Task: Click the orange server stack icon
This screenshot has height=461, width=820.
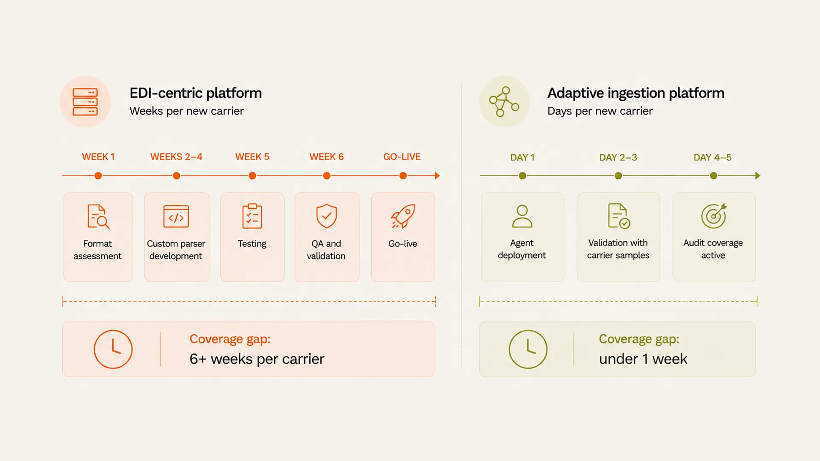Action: coord(85,102)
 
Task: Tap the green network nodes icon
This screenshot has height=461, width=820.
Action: coord(504,102)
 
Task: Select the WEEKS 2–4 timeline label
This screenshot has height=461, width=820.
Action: coord(176,157)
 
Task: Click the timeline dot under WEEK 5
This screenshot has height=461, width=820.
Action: coord(252,176)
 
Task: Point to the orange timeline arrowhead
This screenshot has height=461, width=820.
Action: coord(437,176)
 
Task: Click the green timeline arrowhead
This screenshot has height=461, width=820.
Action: coord(758,176)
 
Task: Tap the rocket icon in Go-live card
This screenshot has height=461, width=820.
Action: coord(403,216)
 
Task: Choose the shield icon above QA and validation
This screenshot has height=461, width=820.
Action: coord(327,216)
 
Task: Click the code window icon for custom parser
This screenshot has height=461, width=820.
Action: coord(176,216)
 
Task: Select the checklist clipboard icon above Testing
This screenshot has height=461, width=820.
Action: coord(252,216)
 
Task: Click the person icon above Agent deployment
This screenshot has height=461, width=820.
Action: coord(522,216)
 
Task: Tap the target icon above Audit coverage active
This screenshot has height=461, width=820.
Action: coord(714,216)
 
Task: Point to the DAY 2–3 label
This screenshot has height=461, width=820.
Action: coord(618,158)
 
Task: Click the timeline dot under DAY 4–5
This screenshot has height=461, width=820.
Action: coord(714,176)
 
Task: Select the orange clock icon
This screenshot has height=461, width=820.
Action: coord(113,349)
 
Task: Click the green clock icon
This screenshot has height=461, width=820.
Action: coord(528,349)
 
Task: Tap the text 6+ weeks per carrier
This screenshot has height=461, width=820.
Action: coord(257,359)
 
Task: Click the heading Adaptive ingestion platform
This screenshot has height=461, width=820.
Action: coord(636,93)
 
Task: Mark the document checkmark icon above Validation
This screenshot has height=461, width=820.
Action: coord(619,216)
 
